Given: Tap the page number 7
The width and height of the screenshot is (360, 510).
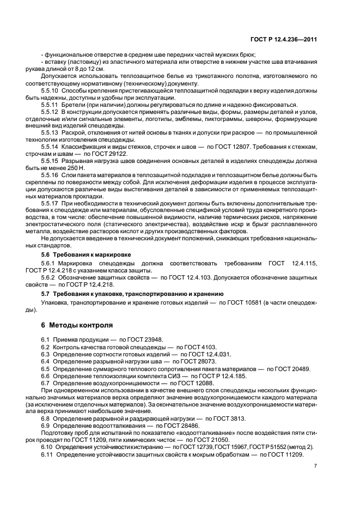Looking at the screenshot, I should click(315, 465).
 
